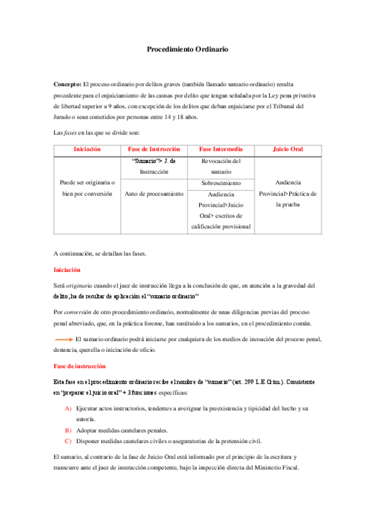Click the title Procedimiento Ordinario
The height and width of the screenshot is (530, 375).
pyautogui.click(x=187, y=48)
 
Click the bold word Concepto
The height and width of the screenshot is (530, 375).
pyautogui.click(x=69, y=84)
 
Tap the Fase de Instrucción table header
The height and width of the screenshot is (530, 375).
pyautogui.click(x=153, y=149)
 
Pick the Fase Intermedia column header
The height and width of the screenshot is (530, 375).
pyautogui.click(x=221, y=149)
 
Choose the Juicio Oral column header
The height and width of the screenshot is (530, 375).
pyautogui.click(x=288, y=149)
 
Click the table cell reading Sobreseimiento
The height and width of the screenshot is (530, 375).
pyautogui.click(x=221, y=184)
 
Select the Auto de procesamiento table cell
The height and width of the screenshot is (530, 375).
pyautogui.click(x=153, y=194)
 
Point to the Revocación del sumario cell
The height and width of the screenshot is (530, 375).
pyautogui.click(x=221, y=166)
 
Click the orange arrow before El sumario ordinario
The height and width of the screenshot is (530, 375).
pyautogui.click(x=63, y=339)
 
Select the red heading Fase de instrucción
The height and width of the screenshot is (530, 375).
pyautogui.click(x=80, y=366)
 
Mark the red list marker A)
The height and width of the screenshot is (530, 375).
pyautogui.click(x=68, y=408)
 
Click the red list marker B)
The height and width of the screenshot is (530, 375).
pyautogui.click(x=68, y=431)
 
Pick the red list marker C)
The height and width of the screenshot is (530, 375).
pyautogui.click(x=68, y=441)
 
